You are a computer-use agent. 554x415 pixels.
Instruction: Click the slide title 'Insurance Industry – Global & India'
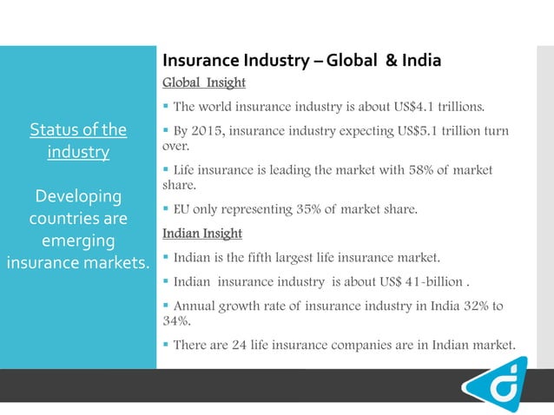(x=301, y=61)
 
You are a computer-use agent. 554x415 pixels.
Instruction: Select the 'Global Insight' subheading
(x=204, y=83)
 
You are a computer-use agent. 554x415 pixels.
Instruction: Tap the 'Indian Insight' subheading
(x=202, y=234)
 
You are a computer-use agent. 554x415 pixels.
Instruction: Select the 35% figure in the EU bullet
(x=315, y=209)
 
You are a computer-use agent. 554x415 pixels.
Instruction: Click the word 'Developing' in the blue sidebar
(x=78, y=194)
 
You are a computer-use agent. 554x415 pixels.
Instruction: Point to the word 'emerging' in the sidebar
(x=78, y=240)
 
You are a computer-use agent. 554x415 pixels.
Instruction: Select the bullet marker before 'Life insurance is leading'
(x=166, y=170)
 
